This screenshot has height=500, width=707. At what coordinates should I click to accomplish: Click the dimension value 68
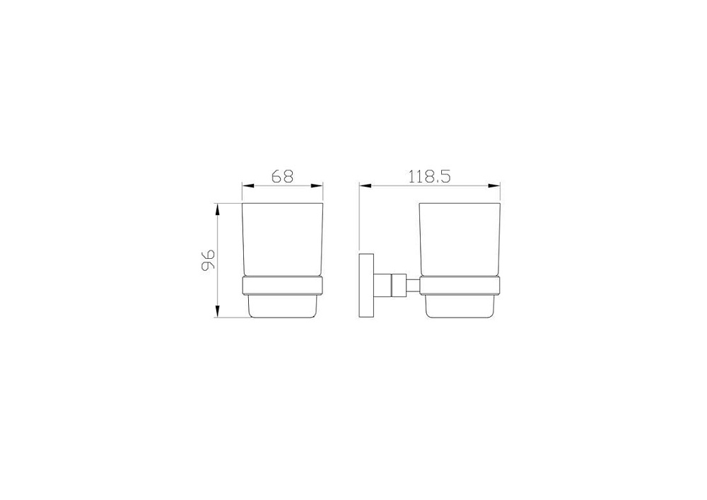pos(283,176)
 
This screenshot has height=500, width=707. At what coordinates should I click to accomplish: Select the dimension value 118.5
pos(429,176)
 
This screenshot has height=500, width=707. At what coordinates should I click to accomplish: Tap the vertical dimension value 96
pos(208,260)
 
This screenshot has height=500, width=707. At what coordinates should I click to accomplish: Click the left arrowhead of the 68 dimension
pos(248,185)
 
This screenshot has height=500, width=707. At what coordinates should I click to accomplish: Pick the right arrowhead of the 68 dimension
pos(317,185)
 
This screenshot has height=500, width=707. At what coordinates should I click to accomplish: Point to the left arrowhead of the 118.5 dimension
pos(365,185)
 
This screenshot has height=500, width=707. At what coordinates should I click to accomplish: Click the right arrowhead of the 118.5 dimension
pos(495,185)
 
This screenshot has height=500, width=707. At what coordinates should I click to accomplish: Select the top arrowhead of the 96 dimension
pos(217,209)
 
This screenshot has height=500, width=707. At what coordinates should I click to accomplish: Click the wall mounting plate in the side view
pos(366,286)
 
